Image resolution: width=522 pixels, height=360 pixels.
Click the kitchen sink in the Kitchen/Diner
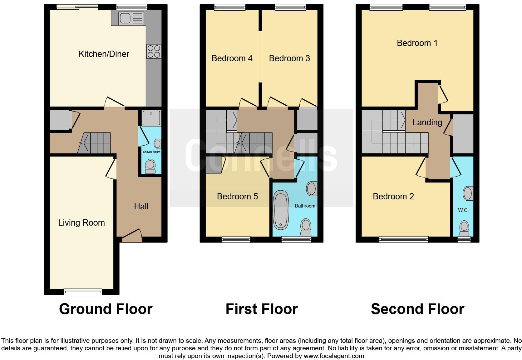tap(127, 18)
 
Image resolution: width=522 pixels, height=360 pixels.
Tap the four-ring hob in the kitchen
tap(154, 52)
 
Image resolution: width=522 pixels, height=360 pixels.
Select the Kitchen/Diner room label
tap(104, 54)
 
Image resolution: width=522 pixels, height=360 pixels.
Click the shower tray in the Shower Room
tap(151, 118)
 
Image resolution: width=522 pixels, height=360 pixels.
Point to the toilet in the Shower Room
tap(150, 166)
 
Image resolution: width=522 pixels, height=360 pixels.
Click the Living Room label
tap(81, 223)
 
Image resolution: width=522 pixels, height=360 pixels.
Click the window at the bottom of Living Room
tap(83, 292)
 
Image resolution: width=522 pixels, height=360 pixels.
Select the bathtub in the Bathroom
tap(281, 211)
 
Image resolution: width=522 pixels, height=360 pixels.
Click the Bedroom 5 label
tap(237, 197)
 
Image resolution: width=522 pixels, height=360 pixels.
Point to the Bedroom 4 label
tap(232, 58)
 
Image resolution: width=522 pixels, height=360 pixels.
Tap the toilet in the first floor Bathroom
tap(306, 227)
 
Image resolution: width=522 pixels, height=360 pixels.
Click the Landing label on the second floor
tap(427, 122)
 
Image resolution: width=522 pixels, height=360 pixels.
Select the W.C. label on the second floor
tap(463, 210)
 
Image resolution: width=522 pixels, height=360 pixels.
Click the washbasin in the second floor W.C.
tap(468, 193)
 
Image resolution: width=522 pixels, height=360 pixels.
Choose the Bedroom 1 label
tap(417, 43)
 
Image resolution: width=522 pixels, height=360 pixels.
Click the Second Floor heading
tap(417, 309)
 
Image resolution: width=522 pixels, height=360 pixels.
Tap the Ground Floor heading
tap(106, 309)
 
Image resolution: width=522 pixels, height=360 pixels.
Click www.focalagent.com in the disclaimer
tap(334, 356)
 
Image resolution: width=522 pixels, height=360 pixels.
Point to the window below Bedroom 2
tap(403, 239)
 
